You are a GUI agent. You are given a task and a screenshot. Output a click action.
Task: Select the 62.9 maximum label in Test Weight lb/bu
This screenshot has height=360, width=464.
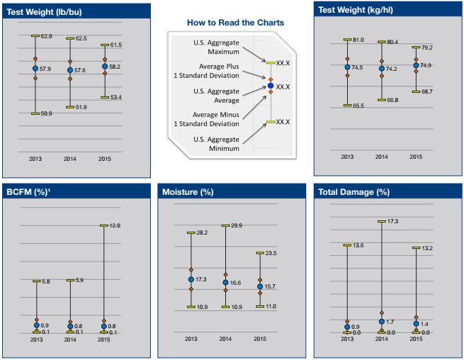(x=46, y=36)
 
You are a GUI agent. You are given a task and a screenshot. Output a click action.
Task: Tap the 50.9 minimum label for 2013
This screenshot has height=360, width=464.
(x=46, y=113)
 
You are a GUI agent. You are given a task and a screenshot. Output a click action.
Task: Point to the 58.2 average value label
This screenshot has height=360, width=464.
(x=114, y=67)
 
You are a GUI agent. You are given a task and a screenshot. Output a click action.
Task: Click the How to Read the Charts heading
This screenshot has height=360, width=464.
(x=235, y=23)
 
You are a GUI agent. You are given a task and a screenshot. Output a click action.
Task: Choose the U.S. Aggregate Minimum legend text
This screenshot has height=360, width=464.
(x=216, y=143)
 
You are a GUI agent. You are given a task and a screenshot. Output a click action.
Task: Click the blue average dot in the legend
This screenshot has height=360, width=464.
(x=269, y=86)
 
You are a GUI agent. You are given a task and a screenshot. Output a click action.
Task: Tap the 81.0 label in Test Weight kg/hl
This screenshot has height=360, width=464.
(x=358, y=40)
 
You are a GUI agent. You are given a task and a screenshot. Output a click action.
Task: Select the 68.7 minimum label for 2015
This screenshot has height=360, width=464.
(x=426, y=91)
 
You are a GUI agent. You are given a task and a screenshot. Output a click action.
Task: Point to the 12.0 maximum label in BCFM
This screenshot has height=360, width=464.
(x=114, y=225)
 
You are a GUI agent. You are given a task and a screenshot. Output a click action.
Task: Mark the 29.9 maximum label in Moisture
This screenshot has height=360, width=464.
(x=237, y=225)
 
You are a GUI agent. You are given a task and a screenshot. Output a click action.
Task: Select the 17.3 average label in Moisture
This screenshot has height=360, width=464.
(x=202, y=280)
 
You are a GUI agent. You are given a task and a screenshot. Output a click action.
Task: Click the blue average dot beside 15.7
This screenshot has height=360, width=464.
(x=259, y=286)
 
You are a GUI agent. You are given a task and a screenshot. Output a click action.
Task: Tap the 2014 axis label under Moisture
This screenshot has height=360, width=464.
(x=225, y=339)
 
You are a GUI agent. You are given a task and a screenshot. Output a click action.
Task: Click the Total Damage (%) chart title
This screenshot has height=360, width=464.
(x=353, y=192)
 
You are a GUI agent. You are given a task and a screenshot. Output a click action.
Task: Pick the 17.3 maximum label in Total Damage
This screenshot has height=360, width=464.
(x=392, y=222)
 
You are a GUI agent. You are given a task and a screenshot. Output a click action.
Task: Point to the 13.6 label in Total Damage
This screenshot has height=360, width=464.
(x=358, y=245)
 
